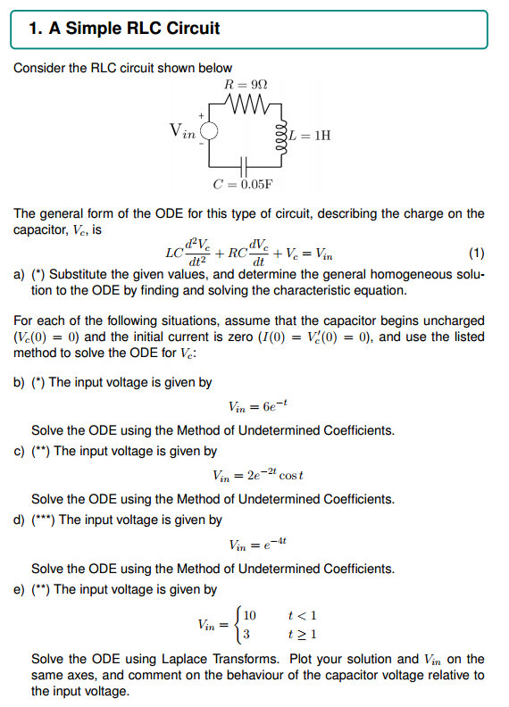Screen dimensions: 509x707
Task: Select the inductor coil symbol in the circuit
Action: (x=283, y=136)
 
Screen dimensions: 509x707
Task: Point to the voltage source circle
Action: (x=209, y=133)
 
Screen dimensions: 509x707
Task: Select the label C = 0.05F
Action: (x=242, y=185)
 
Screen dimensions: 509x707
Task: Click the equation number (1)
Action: (x=476, y=253)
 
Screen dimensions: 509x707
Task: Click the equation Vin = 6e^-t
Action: (x=258, y=407)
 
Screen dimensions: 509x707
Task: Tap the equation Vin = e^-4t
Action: (x=258, y=544)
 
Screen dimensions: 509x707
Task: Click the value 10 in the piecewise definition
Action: (x=249, y=615)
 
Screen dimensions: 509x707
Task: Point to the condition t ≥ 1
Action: (x=304, y=634)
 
